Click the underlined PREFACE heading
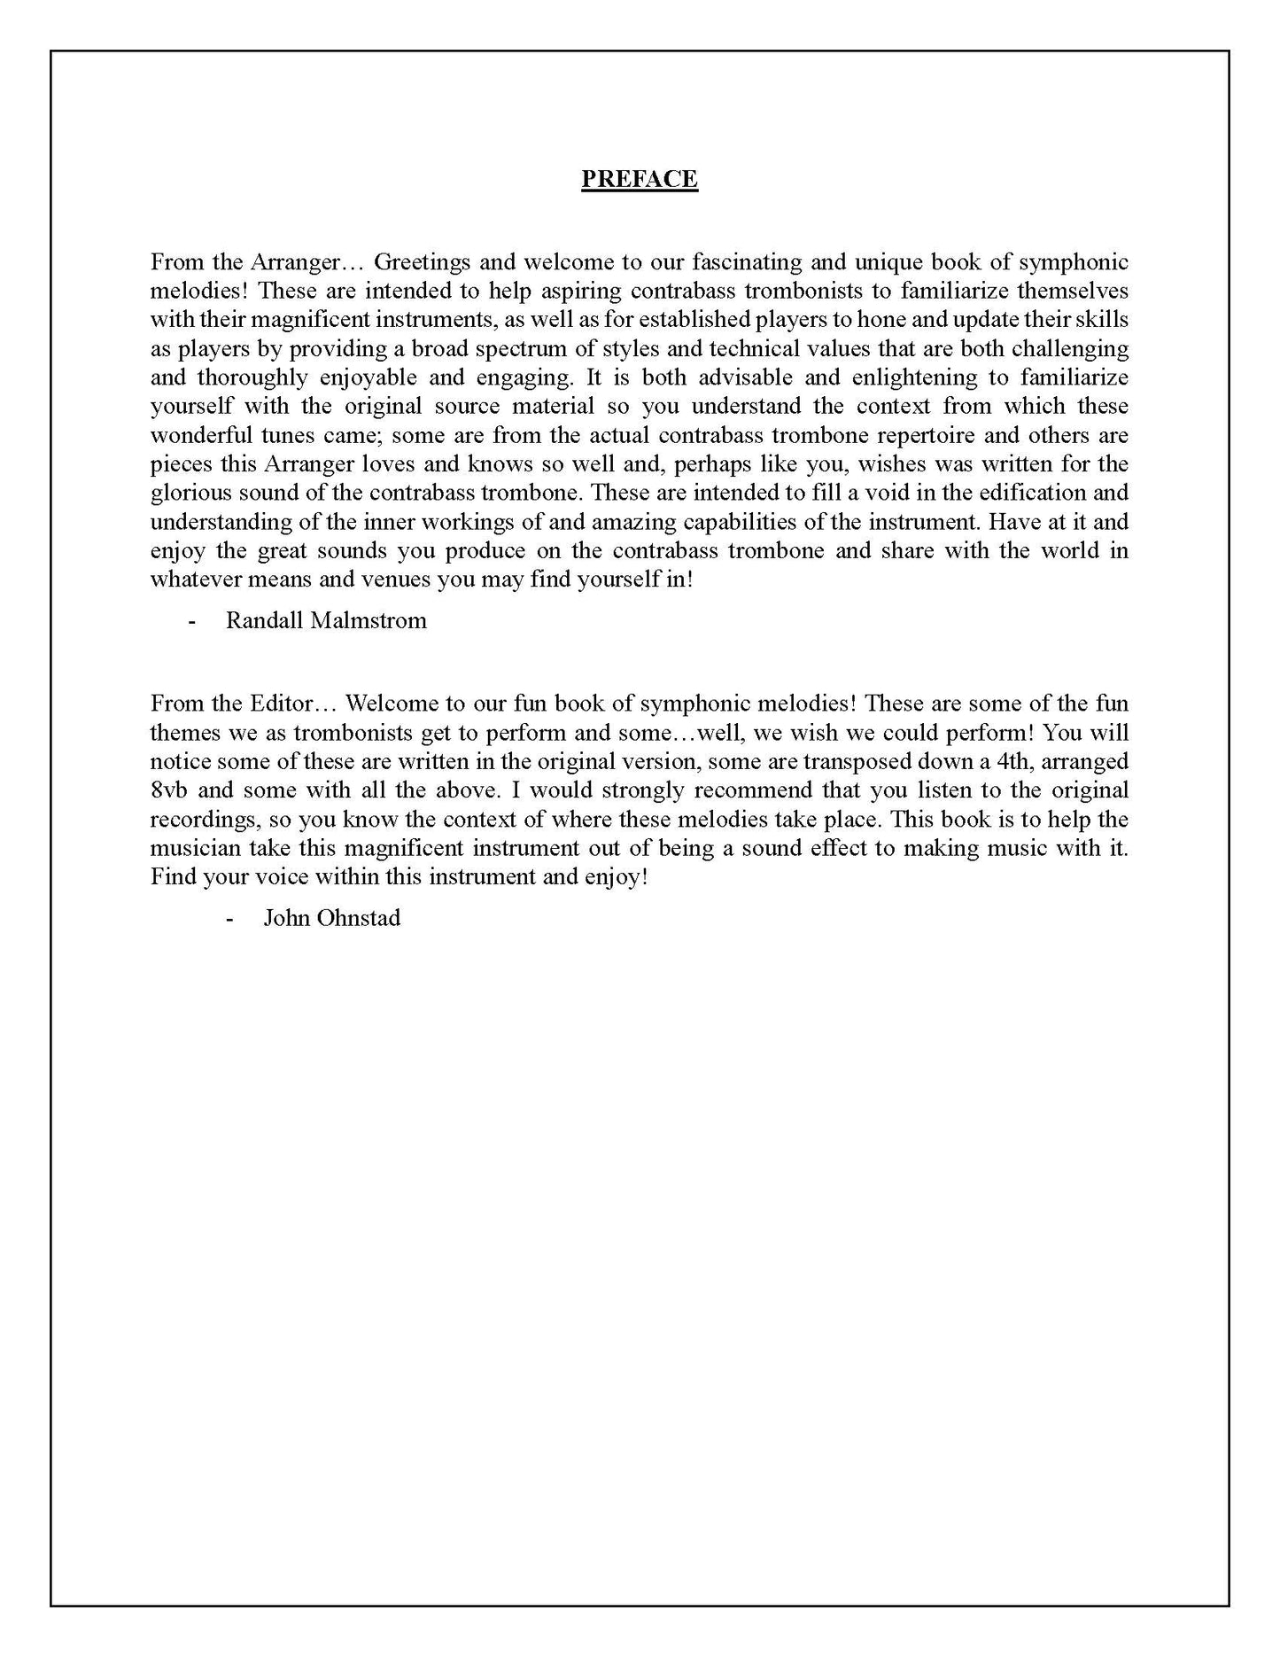click(639, 179)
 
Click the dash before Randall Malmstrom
click(192, 620)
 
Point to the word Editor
click(276, 704)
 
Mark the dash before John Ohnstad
click(230, 918)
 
